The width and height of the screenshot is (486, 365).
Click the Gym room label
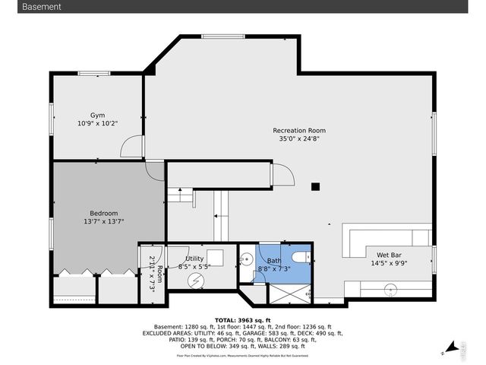click(x=97, y=115)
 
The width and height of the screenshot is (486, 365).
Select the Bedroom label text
click(x=104, y=213)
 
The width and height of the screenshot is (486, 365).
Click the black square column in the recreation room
click(x=316, y=186)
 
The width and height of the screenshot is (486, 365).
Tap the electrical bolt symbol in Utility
click(x=197, y=281)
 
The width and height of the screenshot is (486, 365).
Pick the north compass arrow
click(x=453, y=348)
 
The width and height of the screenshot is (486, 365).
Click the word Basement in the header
click(x=42, y=7)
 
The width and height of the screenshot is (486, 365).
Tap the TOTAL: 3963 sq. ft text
click(x=242, y=320)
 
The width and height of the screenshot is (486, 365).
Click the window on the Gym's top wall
click(x=94, y=73)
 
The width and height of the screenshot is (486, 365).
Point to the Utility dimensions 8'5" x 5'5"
click(x=194, y=267)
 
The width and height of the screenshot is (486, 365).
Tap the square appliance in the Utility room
click(x=215, y=256)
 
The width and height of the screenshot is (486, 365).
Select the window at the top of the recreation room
click(x=222, y=35)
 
